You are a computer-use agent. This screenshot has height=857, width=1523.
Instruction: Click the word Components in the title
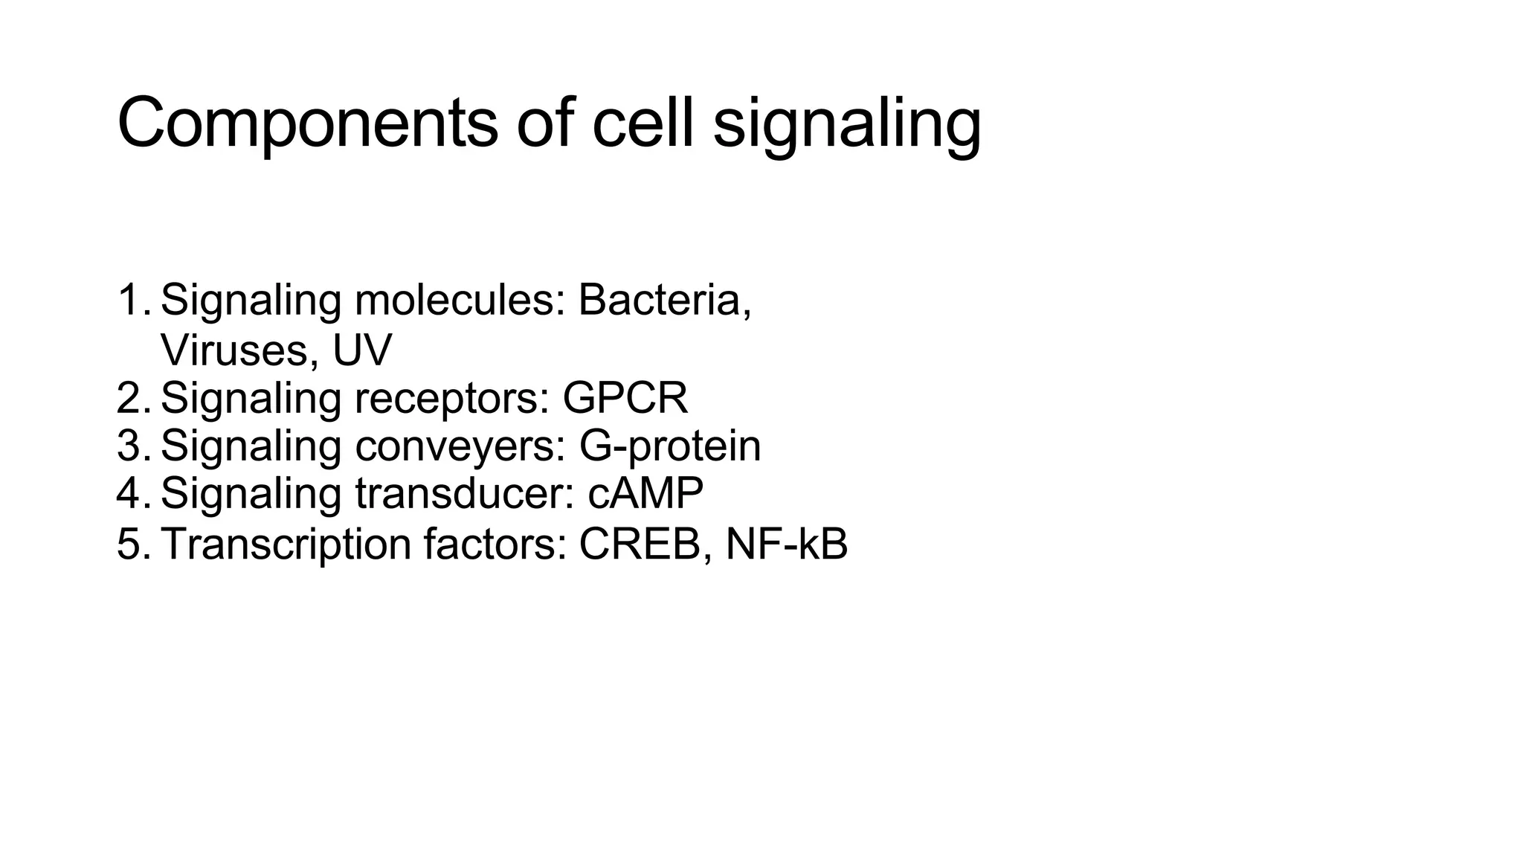click(x=307, y=124)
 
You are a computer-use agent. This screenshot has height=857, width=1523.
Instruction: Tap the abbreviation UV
click(x=361, y=350)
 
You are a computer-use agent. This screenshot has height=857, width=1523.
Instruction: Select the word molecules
click(x=460, y=300)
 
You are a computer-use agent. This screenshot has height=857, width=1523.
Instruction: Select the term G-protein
click(x=669, y=446)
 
